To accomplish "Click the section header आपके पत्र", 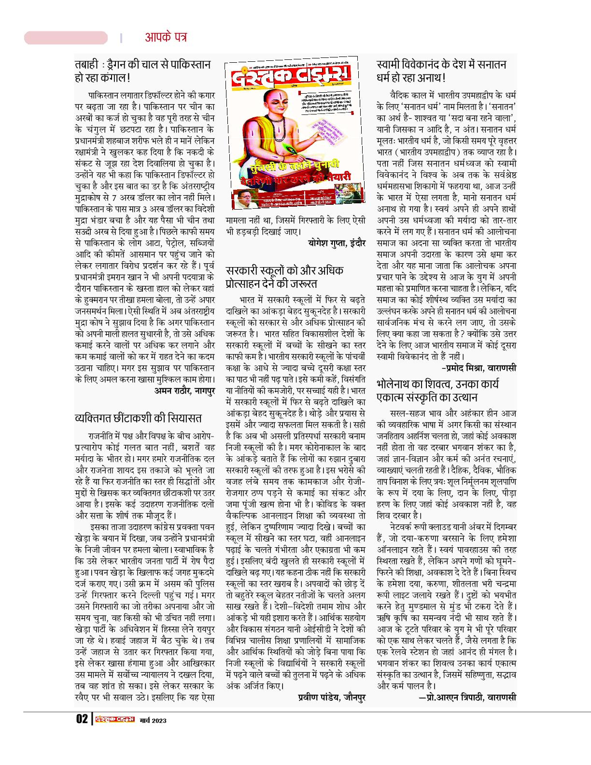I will point(166,37).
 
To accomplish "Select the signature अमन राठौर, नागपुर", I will point(184,390).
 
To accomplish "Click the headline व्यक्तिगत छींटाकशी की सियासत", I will point(138,418).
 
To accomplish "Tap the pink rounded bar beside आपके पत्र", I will point(66,38).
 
